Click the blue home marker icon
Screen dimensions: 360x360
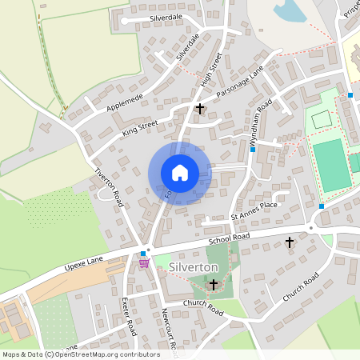[x=180, y=173]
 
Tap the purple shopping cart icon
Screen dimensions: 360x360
[x=144, y=262]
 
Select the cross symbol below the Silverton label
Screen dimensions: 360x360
[x=213, y=284]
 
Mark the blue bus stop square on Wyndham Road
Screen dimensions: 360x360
[x=252, y=150]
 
